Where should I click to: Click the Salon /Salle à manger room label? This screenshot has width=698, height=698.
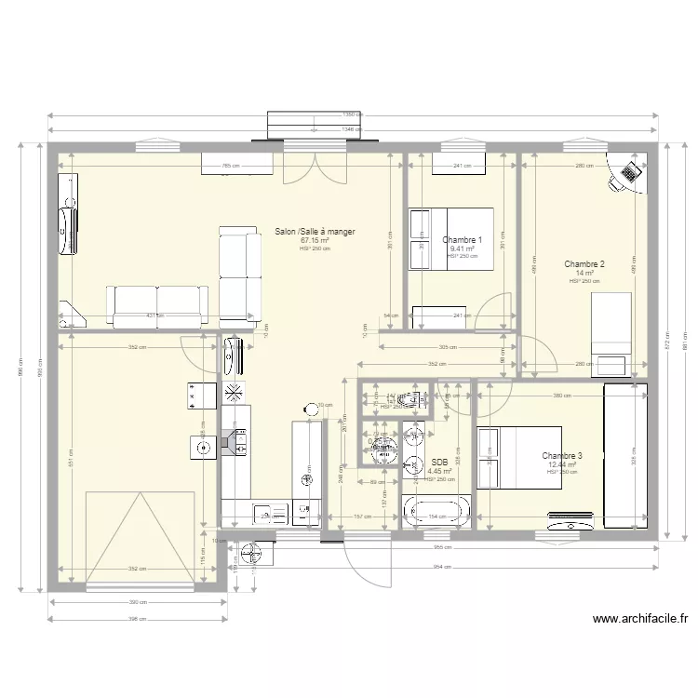tap(315, 232)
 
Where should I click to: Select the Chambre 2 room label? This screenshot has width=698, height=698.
tap(584, 264)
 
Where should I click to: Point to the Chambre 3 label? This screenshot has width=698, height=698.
tap(562, 456)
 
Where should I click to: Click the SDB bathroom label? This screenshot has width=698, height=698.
tap(439, 463)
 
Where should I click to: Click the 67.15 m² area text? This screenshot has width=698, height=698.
tap(315, 241)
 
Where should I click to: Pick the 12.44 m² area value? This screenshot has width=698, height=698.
tap(562, 464)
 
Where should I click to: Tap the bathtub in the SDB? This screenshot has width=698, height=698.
tap(436, 511)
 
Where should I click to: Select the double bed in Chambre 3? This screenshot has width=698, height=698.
tap(519, 457)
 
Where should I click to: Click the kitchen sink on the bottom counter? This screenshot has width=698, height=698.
tap(267, 513)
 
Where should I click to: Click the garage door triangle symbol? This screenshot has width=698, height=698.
tap(141, 540)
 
